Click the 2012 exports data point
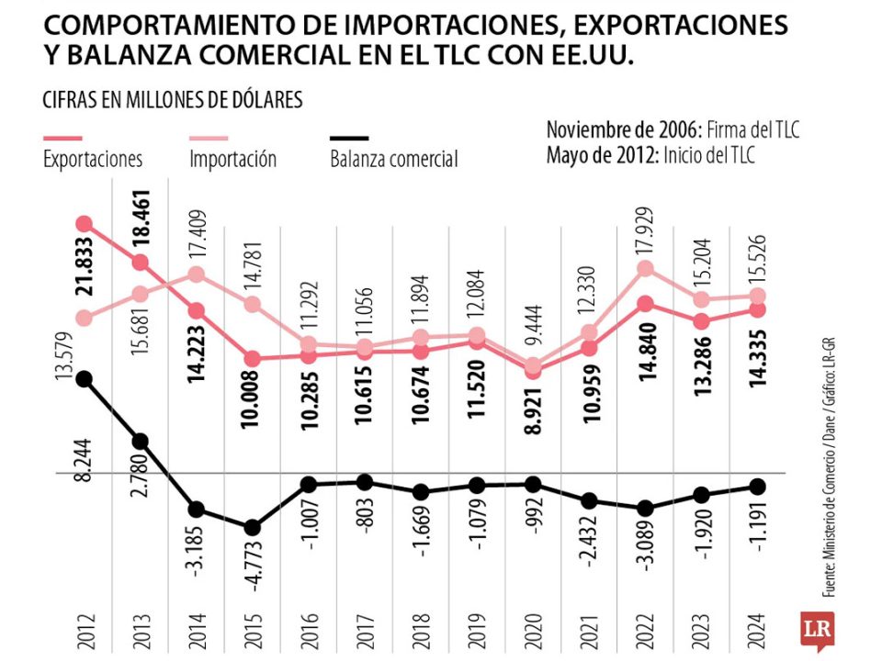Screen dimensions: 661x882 coord(85,223)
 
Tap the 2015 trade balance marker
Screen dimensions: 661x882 coord(252,527)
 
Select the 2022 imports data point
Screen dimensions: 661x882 coord(645,268)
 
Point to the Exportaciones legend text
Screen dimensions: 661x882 coord(93,159)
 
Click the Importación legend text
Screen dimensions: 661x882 coord(232,159)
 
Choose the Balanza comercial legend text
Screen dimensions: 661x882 coord(393,160)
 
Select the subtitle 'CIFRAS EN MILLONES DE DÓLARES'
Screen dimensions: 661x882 coord(173,99)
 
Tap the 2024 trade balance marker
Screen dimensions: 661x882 coord(757,486)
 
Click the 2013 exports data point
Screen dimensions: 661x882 coord(141,263)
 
